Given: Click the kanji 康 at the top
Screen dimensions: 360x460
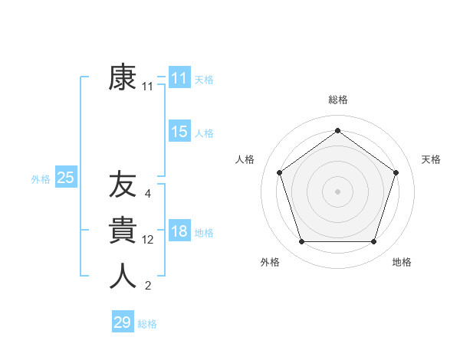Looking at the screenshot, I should pyautogui.click(x=123, y=78).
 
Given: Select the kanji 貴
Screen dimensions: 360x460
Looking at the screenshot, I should pyautogui.click(x=123, y=231).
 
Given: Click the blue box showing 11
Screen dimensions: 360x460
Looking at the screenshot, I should pyautogui.click(x=179, y=78).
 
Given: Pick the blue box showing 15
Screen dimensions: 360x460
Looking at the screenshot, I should pyautogui.click(x=179, y=132).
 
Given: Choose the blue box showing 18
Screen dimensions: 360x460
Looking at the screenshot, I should pyautogui.click(x=179, y=231).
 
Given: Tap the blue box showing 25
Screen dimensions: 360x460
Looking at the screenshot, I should pyautogui.click(x=66, y=178).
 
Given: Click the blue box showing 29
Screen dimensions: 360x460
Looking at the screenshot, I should pyautogui.click(x=123, y=322).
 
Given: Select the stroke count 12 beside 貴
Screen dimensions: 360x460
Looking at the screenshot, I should pyautogui.click(x=148, y=240).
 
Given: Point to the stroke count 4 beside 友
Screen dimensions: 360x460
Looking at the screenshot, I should pyautogui.click(x=148, y=194).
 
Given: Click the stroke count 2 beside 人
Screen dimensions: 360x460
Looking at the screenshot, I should pyautogui.click(x=148, y=286).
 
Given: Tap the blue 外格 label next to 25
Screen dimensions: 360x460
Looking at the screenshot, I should pyautogui.click(x=41, y=179).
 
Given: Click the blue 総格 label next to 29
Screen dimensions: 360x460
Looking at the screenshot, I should pyautogui.click(x=147, y=324).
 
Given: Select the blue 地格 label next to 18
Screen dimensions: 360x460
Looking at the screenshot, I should pyautogui.click(x=204, y=233).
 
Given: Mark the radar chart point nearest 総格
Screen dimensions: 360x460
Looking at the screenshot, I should pyautogui.click(x=337, y=130).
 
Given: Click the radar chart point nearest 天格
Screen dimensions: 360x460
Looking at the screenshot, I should pyautogui.click(x=396, y=172).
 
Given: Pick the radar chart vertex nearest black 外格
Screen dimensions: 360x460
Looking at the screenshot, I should pyautogui.click(x=301, y=242).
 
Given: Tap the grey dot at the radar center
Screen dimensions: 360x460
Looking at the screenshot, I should pyautogui.click(x=337, y=191).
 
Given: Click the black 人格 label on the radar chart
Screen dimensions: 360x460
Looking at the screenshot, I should pyautogui.click(x=245, y=159).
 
